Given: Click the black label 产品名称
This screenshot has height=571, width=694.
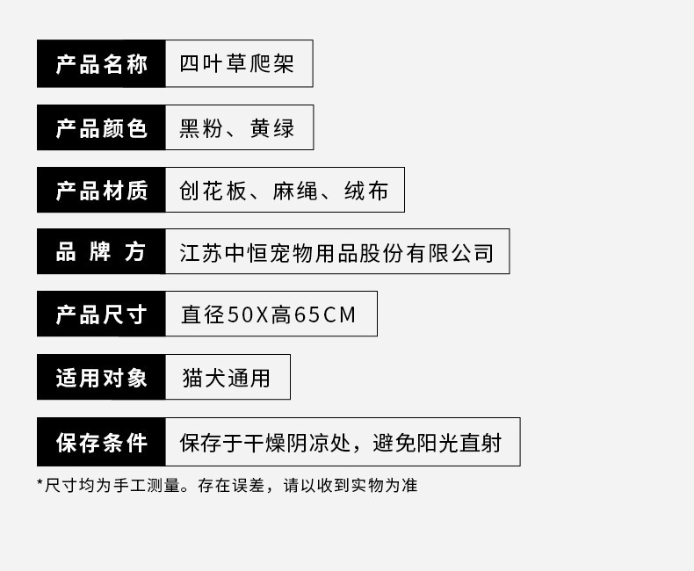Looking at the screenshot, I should pyautogui.click(x=101, y=64).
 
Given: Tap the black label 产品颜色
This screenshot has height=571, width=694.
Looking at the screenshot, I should pyautogui.click(x=101, y=128).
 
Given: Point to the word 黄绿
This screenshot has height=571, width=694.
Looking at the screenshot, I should pyautogui.click(x=271, y=128).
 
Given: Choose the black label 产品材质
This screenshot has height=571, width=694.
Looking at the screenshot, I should pyautogui.click(x=101, y=191).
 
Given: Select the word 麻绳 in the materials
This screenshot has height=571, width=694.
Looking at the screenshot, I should pyautogui.click(x=294, y=191).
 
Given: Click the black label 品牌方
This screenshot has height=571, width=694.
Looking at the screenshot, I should pyautogui.click(x=101, y=252).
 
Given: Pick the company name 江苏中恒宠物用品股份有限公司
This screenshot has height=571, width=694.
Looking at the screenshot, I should pyautogui.click(x=336, y=253).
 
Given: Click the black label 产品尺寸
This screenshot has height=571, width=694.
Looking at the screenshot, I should pyautogui.click(x=101, y=314).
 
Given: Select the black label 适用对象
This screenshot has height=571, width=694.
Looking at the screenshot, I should pyautogui.click(x=101, y=378).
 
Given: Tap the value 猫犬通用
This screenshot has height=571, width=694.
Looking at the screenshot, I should pyautogui.click(x=226, y=378).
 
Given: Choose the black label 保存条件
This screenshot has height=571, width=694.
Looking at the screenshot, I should pyautogui.click(x=101, y=442).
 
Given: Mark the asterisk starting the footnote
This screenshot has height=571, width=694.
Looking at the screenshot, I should pyautogui.click(x=40, y=483).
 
